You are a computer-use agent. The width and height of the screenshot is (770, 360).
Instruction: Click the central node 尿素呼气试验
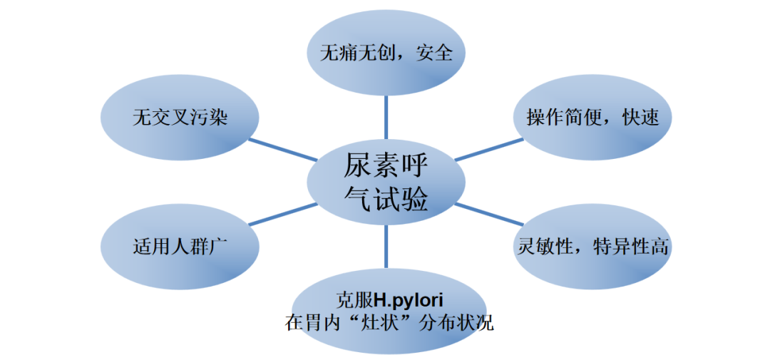click(x=386, y=182)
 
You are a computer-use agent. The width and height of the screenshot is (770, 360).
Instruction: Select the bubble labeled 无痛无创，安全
click(x=386, y=53)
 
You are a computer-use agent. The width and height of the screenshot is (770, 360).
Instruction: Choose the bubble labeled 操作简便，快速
click(x=592, y=118)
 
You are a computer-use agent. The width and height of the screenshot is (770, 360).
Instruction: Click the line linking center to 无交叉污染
click(x=283, y=150)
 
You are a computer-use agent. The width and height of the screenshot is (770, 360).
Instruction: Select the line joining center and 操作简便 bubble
click(x=489, y=149)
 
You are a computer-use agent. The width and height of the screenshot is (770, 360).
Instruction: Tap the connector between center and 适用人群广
click(x=283, y=215)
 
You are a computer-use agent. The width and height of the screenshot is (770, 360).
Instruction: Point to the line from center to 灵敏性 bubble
click(x=489, y=215)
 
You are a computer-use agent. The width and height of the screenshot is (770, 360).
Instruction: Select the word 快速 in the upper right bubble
click(x=640, y=118)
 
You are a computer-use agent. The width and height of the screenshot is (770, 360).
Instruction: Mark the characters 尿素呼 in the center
click(x=386, y=167)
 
